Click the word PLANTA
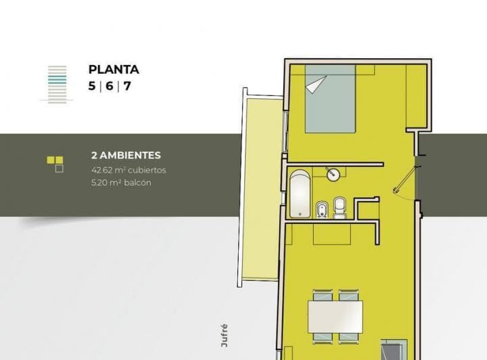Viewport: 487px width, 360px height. pyautogui.click(x=114, y=70)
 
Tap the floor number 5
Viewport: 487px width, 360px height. pyautogui.click(x=91, y=86)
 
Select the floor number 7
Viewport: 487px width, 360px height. pyautogui.click(x=127, y=86)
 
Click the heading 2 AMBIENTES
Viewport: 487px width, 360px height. pyautogui.click(x=126, y=156)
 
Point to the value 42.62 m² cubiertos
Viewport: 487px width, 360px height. pyautogui.click(x=129, y=170)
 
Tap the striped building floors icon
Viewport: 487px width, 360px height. pyautogui.click(x=57, y=84)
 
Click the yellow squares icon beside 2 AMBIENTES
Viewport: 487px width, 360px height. pyautogui.click(x=55, y=163)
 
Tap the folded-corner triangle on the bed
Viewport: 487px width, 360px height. pyautogui.click(x=317, y=84)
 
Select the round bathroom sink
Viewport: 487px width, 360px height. pyautogui.click(x=333, y=174)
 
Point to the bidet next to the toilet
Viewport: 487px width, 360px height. pyautogui.click(x=323, y=208)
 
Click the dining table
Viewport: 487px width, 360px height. pyautogui.click(x=335, y=315)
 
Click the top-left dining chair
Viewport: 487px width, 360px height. pyautogui.click(x=322, y=295)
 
